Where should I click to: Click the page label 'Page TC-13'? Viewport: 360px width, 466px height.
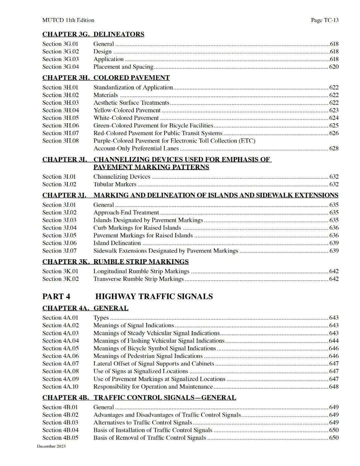point(324,20)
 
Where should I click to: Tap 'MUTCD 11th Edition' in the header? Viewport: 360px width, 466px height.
point(68,20)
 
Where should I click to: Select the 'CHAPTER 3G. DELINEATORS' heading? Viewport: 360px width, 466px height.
point(93,34)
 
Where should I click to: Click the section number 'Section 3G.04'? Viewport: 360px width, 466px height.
point(60,67)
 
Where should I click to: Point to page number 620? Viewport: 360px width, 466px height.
point(334,67)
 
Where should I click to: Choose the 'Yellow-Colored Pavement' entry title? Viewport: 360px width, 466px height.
point(127,110)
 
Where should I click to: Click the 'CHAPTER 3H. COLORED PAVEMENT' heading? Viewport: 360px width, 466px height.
point(106,78)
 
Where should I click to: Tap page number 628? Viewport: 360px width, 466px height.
point(334,148)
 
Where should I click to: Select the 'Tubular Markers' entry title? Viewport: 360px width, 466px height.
point(115,184)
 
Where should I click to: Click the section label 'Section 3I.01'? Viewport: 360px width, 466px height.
point(59,177)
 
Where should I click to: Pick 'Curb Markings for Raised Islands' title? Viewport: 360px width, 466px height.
point(137,228)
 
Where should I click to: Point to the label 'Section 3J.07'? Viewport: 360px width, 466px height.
point(59,251)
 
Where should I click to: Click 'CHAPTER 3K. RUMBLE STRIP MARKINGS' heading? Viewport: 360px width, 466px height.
point(115,262)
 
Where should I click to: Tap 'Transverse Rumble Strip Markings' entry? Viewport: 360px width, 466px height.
point(138,279)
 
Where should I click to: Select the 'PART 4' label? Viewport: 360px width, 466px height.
point(56,297)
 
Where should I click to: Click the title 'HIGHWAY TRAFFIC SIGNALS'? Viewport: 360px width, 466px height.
point(154,297)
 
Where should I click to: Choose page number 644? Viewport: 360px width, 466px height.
point(334,341)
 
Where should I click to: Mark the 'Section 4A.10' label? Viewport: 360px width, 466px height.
point(60,387)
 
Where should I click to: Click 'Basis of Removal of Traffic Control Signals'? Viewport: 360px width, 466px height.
point(149,438)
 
